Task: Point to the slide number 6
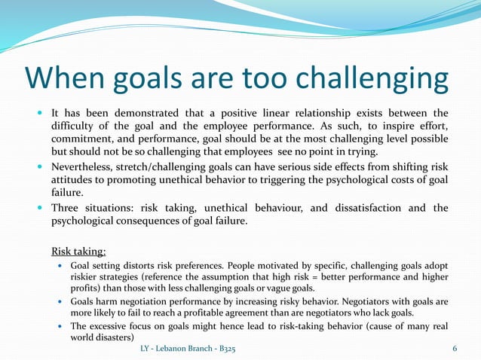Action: point(455,350)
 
